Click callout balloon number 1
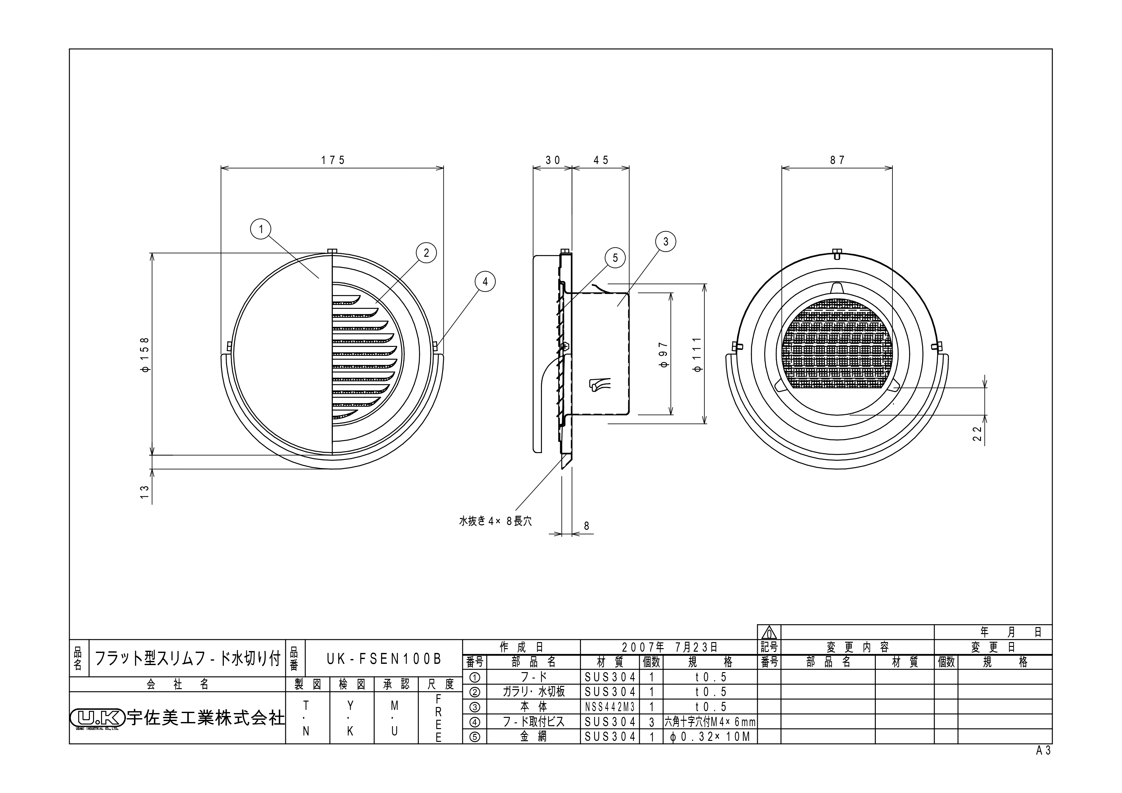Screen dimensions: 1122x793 click(x=261, y=229)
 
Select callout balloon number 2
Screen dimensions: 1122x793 click(x=426, y=253)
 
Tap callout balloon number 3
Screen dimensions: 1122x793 click(x=666, y=241)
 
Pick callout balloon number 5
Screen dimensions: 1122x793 click(x=615, y=258)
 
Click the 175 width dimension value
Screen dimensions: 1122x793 click(x=333, y=160)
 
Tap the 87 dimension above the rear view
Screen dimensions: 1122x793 click(x=837, y=160)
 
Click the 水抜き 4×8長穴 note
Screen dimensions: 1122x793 click(x=495, y=521)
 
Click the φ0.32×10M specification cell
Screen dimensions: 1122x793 click(x=710, y=737)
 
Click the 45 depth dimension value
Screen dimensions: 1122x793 click(x=601, y=160)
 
